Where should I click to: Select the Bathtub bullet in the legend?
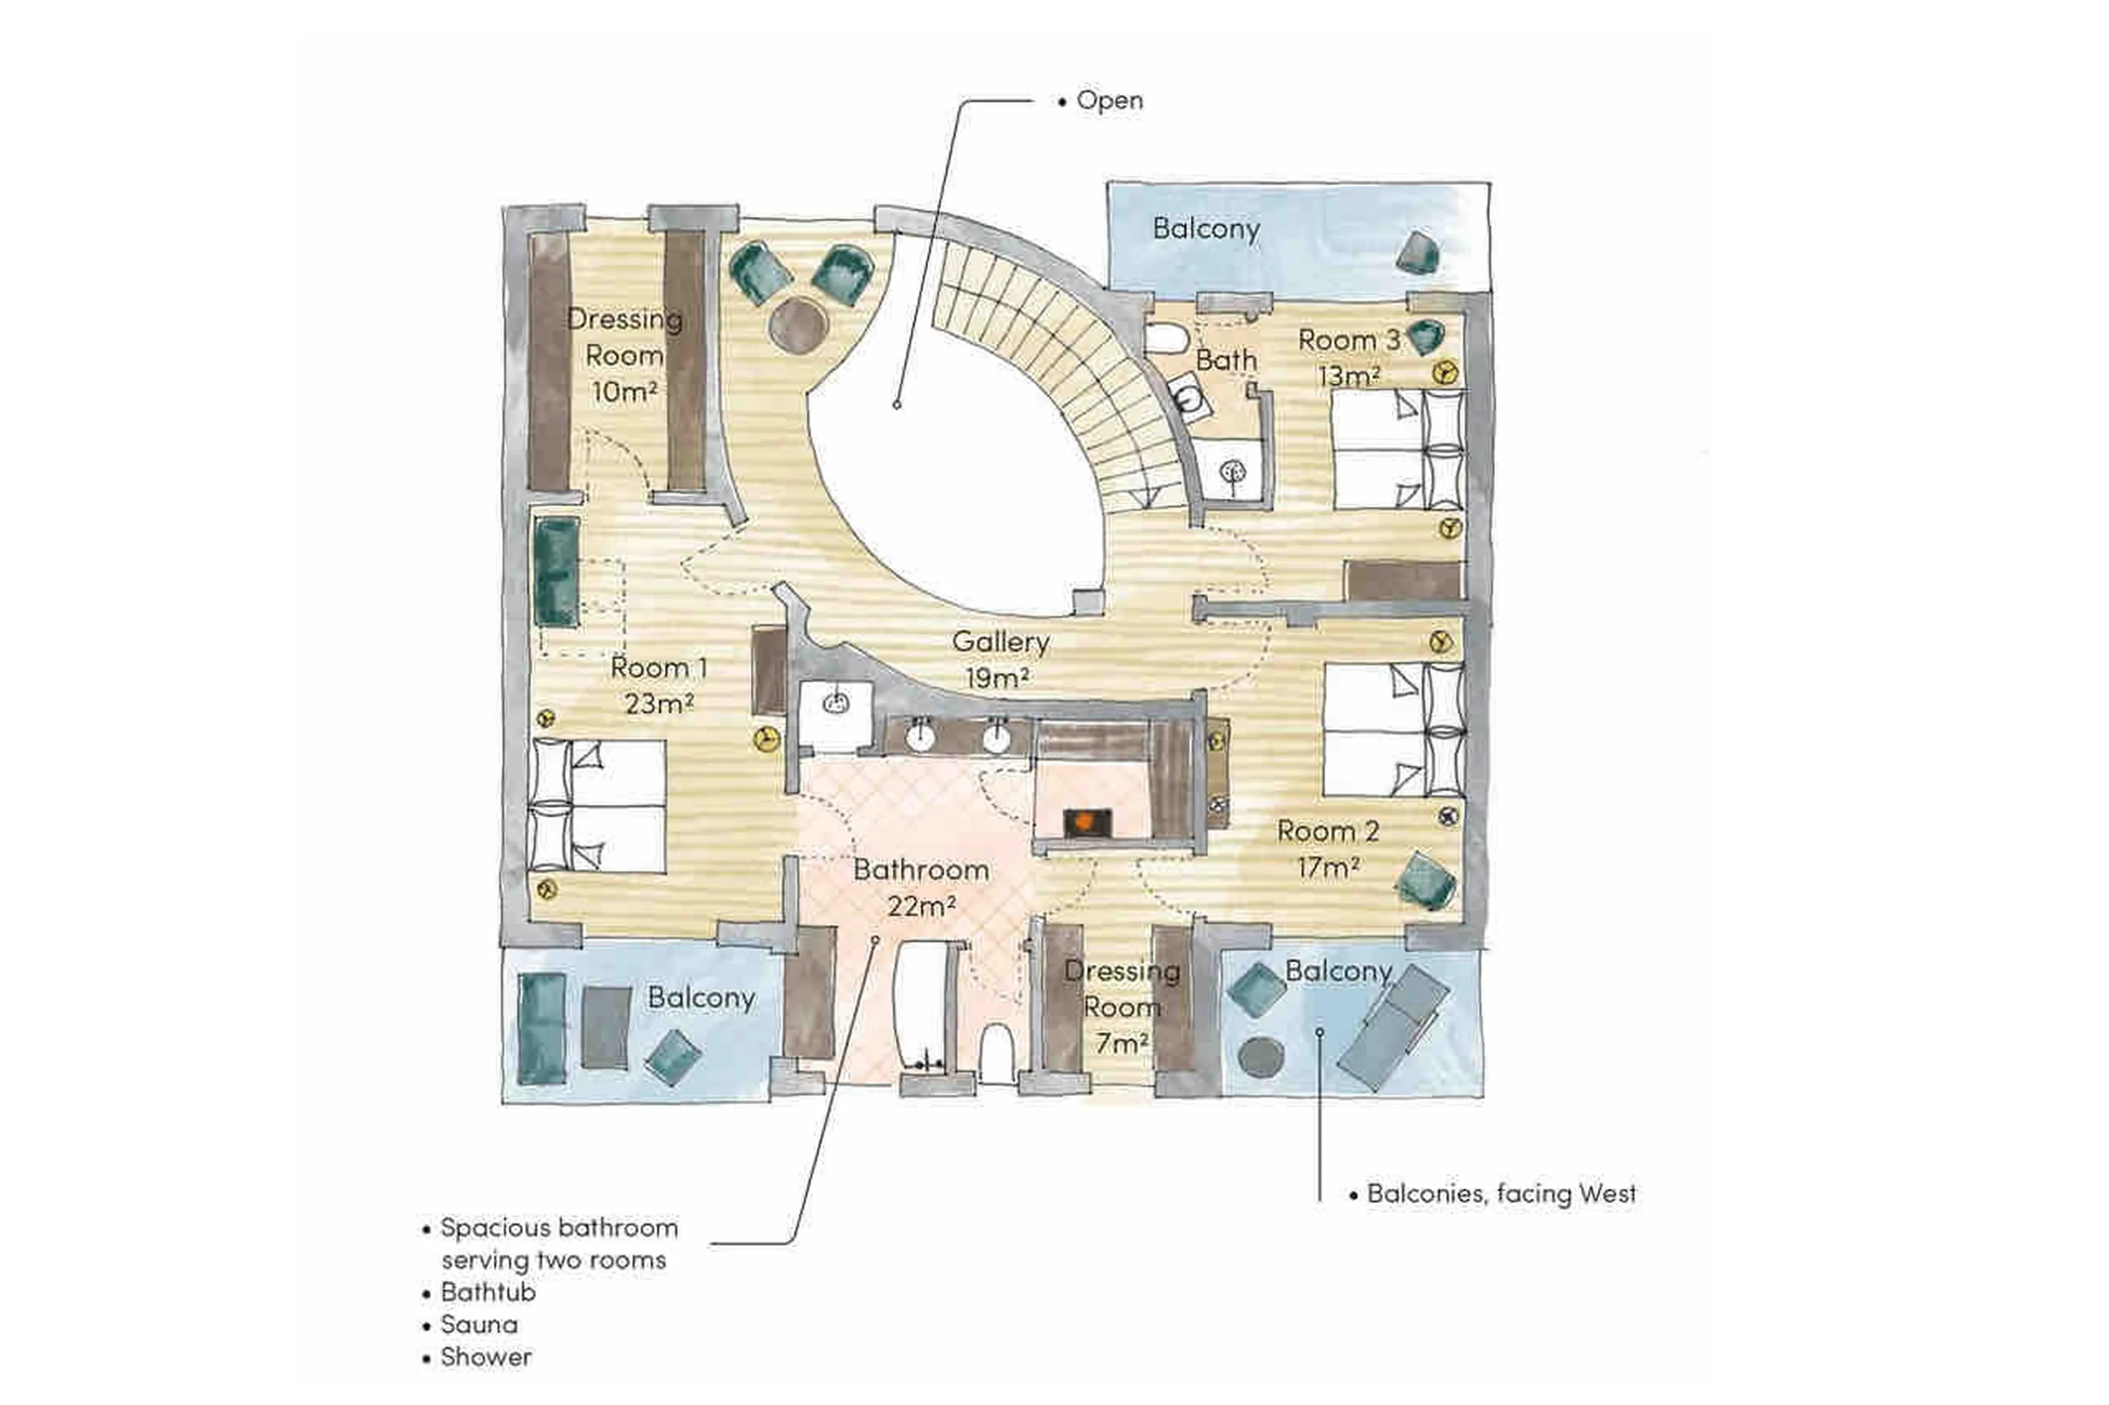click(x=488, y=1292)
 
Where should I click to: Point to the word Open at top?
click(x=1109, y=100)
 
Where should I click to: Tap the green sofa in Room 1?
click(x=556, y=572)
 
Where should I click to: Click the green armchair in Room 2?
click(x=1425, y=881)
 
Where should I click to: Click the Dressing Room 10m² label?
click(x=624, y=355)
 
